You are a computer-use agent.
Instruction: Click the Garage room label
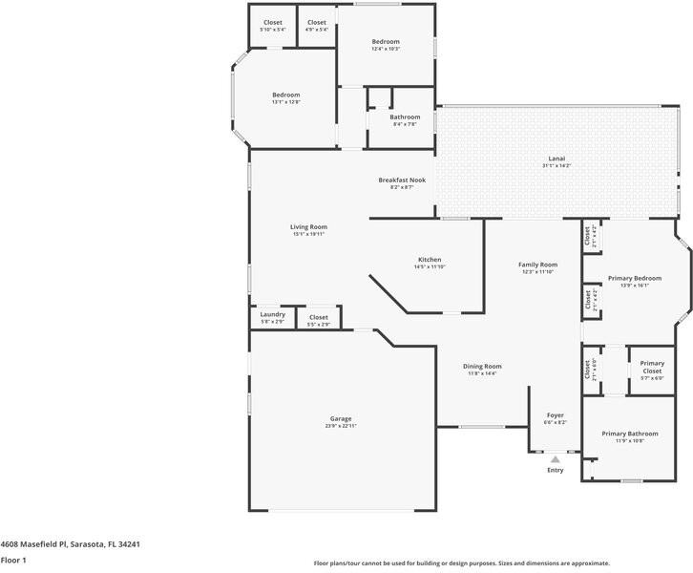341,418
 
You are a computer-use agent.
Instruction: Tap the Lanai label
556,158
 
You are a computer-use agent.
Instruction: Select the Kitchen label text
429,260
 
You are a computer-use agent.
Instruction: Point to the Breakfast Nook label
401,180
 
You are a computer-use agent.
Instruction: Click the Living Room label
308,226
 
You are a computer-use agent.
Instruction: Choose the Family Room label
537,265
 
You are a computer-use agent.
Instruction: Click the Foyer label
555,414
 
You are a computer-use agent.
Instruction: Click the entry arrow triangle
555,458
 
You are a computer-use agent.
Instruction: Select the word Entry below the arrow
555,470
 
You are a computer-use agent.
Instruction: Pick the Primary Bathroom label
629,434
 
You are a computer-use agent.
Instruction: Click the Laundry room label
272,314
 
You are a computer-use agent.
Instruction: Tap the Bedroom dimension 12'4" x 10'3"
386,49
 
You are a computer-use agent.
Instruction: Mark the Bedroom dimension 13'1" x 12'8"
285,102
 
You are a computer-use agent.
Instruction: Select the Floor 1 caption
12,561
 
